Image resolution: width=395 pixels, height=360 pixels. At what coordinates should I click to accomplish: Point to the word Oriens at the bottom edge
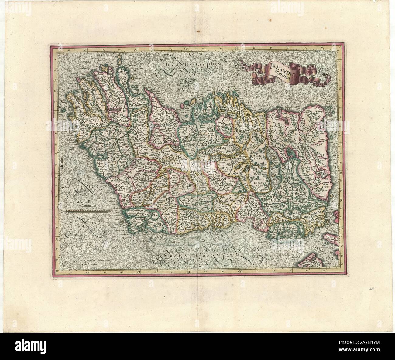tap(198, 265)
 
